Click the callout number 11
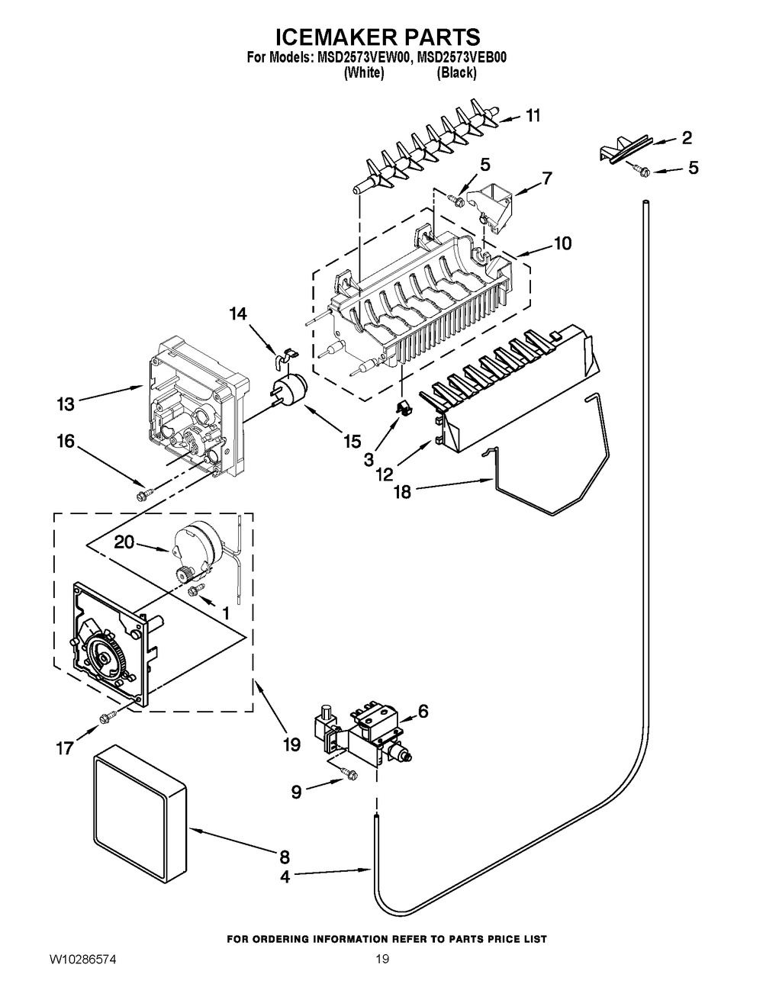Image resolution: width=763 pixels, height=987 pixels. [533, 116]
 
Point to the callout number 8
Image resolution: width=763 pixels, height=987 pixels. [284, 857]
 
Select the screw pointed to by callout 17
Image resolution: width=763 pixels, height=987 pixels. [107, 716]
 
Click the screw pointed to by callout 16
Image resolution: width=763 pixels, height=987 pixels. [141, 497]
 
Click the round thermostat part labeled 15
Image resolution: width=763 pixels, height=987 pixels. [289, 388]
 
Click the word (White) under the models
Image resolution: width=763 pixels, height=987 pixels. [363, 73]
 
